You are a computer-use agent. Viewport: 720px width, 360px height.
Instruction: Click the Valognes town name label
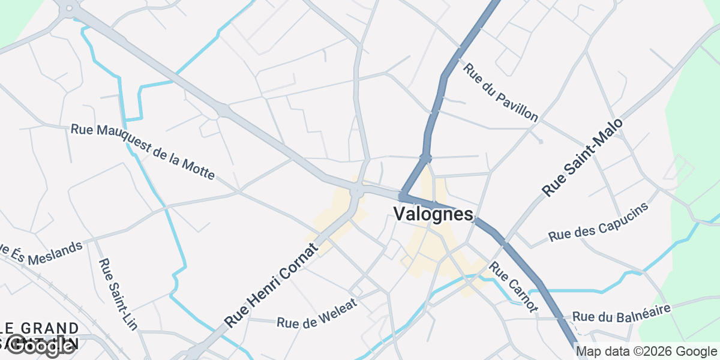(433, 214)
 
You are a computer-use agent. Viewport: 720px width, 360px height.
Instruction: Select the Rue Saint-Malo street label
(583, 157)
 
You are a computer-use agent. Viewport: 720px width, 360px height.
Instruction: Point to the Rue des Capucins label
(599, 223)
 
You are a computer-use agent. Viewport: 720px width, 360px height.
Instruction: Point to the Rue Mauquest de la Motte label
(143, 151)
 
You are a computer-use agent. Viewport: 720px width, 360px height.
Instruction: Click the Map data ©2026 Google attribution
(646, 352)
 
